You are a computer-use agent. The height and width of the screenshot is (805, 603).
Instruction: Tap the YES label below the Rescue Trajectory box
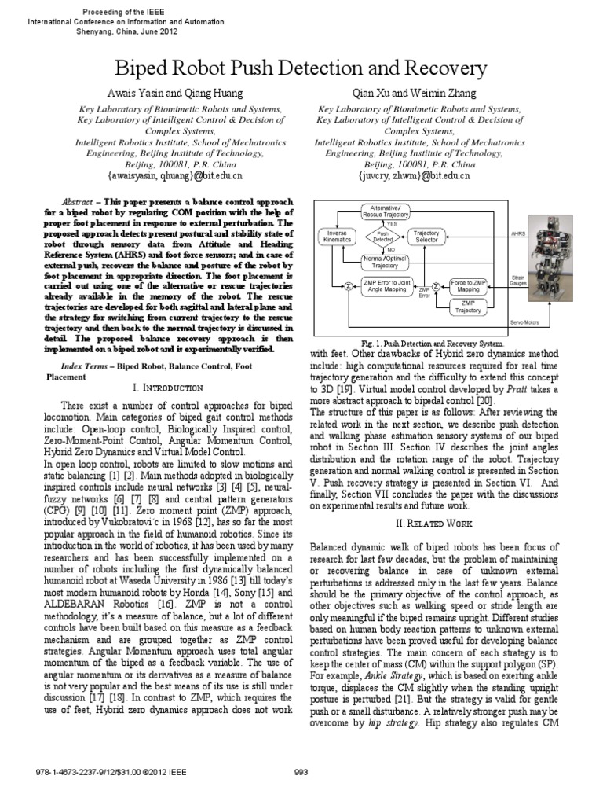(391, 222)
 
